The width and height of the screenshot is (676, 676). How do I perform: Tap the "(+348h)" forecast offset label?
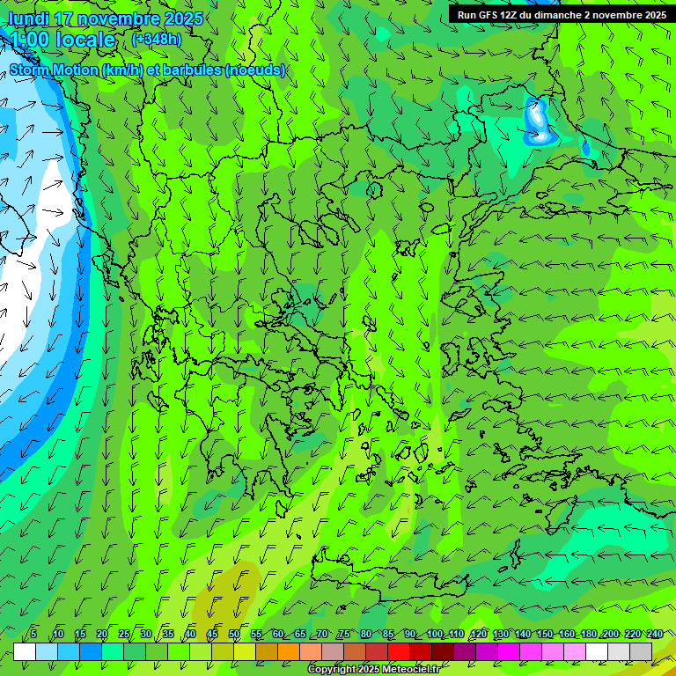(x=156, y=39)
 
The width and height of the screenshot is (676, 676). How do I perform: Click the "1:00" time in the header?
(x=29, y=40)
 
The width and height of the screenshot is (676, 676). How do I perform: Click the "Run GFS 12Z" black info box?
(x=561, y=14)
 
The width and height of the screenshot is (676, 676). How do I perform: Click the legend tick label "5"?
(x=33, y=634)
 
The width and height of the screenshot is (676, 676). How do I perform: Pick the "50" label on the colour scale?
(x=234, y=634)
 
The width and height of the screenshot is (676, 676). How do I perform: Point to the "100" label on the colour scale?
(x=434, y=634)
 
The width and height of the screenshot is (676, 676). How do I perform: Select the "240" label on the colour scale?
(x=654, y=634)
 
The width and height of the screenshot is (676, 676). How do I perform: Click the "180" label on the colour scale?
(x=588, y=634)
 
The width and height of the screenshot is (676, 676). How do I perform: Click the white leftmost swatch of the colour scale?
(x=25, y=650)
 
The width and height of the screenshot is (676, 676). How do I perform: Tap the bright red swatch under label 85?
(x=399, y=650)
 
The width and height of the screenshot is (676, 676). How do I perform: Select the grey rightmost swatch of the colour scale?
(x=641, y=650)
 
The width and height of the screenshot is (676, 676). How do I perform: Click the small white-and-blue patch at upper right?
(x=538, y=122)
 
